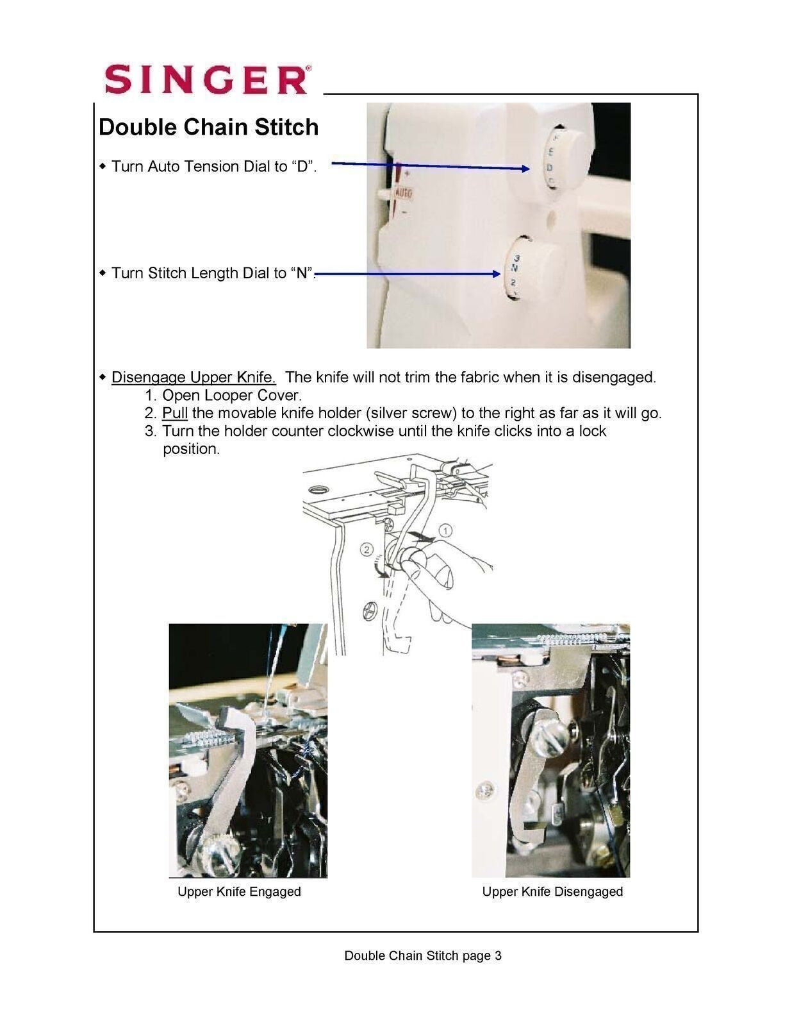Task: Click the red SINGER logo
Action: click(x=207, y=80)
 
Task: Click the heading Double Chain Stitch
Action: click(x=208, y=127)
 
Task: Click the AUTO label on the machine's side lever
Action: click(x=404, y=192)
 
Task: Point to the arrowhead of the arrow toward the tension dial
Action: click(x=526, y=169)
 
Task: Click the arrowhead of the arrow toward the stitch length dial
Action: click(x=497, y=274)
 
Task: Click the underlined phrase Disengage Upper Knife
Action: click(x=193, y=377)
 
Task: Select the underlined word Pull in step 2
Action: click(x=174, y=413)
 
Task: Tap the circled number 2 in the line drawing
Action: click(x=366, y=550)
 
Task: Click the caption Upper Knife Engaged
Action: click(x=239, y=891)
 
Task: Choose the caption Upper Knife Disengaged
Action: click(x=552, y=891)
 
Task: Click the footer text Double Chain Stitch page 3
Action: click(x=423, y=955)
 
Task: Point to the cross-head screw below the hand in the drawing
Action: click(x=371, y=610)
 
